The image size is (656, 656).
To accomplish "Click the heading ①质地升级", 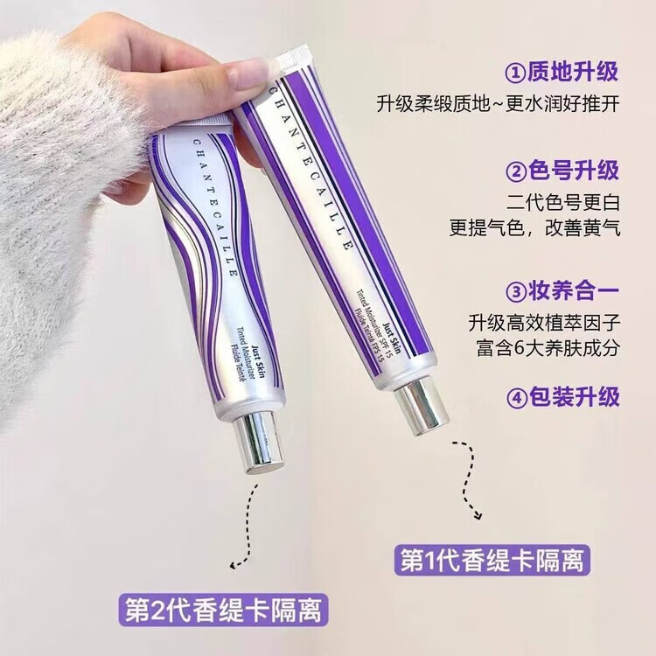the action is point(562,72).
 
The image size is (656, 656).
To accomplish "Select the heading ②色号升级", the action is point(562,171).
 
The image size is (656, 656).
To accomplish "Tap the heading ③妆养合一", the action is point(562,291).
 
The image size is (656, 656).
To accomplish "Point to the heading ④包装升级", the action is point(562,396).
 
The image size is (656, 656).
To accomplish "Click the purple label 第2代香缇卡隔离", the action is point(223,609).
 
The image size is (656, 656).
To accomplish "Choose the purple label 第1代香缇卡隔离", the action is point(492,560).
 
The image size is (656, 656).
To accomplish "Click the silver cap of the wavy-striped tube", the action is point(258,443).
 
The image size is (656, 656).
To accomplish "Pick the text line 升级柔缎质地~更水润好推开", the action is point(498,104).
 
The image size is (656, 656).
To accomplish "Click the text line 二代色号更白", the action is point(562,203).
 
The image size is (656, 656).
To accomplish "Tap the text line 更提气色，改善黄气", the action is point(534,228).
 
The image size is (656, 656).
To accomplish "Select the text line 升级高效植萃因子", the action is point(544,323).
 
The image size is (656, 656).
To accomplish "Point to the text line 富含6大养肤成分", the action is point(548,347).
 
